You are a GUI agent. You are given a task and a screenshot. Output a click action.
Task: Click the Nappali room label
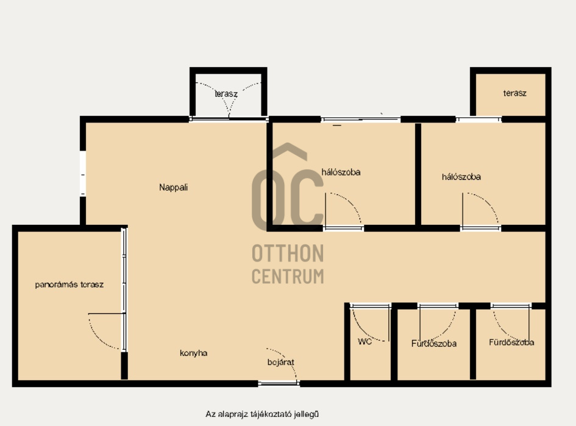(x=173, y=187)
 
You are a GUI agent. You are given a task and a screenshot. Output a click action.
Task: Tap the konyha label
(x=194, y=353)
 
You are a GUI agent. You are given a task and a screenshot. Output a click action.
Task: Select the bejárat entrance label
(x=280, y=362)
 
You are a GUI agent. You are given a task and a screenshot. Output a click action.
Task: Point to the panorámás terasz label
(x=69, y=285)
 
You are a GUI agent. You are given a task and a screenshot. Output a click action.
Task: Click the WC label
(x=364, y=341)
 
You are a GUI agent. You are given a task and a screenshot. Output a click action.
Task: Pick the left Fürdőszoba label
(x=434, y=344)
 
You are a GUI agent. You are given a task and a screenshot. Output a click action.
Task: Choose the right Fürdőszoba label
(x=511, y=343)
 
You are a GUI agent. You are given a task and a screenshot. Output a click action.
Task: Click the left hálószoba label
(x=341, y=172)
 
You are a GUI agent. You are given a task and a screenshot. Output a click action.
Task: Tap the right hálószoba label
(x=461, y=177)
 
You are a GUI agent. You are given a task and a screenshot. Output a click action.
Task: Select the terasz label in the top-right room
(x=514, y=93)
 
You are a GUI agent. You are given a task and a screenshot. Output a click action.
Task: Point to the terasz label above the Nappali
(x=226, y=94)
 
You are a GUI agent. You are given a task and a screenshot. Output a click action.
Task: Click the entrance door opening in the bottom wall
(x=279, y=383)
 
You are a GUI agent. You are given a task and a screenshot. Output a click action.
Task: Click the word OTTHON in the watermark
(x=288, y=254)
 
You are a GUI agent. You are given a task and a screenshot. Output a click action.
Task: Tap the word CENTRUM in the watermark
(x=288, y=277)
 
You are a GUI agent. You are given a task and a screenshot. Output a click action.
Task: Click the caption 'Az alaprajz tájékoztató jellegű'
(x=262, y=414)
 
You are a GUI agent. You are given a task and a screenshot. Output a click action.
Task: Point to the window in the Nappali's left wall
(x=83, y=173)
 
